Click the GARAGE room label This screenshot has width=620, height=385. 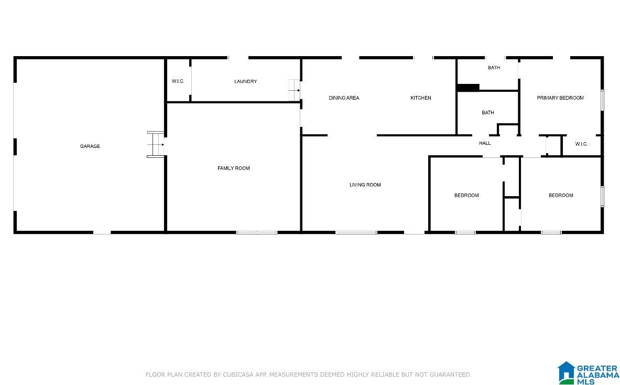tap(90, 146)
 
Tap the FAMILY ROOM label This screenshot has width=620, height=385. tap(233, 168)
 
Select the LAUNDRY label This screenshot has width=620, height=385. tap(246, 81)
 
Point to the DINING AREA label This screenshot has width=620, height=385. tap(344, 98)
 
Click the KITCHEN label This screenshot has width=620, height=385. tap(421, 98)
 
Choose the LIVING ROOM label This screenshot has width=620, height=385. tap(365, 185)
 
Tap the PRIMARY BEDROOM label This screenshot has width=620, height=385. tap(560, 98)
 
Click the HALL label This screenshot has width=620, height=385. tap(485, 143)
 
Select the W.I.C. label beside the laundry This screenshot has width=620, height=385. tap(178, 81)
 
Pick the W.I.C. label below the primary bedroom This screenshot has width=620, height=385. tap(581, 144)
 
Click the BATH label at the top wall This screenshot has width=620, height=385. tap(494, 68)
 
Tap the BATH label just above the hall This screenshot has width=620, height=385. tap(487, 113)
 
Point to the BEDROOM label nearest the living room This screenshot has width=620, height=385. tap(466, 195)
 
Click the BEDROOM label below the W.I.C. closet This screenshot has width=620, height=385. tap(561, 195)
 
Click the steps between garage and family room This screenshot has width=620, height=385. tap(156, 144)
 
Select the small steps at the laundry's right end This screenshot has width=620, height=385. tap(294, 90)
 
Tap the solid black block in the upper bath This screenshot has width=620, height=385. tap(468, 88)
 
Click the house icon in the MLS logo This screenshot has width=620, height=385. tap(566, 372)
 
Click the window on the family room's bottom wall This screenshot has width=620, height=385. tap(257, 232)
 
